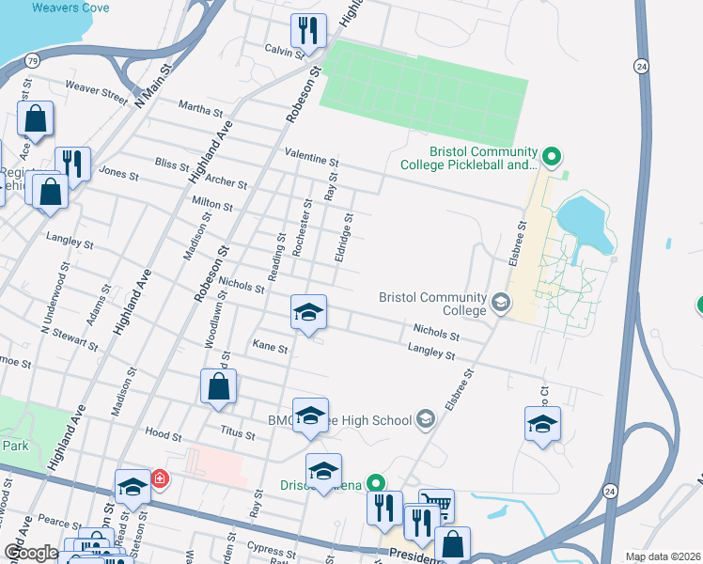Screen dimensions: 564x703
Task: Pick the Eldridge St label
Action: (x=344, y=239)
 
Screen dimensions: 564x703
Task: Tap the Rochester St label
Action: (x=300, y=228)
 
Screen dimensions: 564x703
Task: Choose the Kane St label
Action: (x=270, y=347)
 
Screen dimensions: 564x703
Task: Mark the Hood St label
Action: (x=164, y=434)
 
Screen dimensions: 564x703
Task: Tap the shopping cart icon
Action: (x=435, y=505)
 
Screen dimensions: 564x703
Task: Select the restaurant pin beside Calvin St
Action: (x=307, y=31)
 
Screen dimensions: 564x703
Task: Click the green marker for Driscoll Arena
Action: (x=377, y=484)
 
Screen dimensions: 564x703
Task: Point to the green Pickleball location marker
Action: (x=552, y=156)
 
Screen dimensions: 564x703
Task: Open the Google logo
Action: (x=31, y=553)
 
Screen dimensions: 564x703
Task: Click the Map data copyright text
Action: (x=664, y=556)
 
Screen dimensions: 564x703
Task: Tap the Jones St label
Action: (x=118, y=174)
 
